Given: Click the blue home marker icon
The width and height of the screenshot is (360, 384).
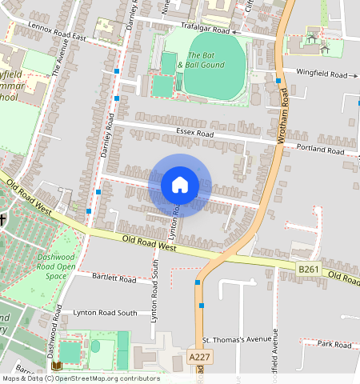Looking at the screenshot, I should [x=180, y=186].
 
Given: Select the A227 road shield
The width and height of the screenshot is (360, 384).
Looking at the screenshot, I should [x=200, y=356].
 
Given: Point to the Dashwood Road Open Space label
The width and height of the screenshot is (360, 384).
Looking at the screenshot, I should [x=55, y=265].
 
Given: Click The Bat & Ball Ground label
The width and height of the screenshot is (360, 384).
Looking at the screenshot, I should [x=202, y=59].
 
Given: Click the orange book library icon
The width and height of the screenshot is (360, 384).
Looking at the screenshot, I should [x=55, y=366].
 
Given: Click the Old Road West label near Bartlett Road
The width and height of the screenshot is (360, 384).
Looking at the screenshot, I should [x=150, y=242].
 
